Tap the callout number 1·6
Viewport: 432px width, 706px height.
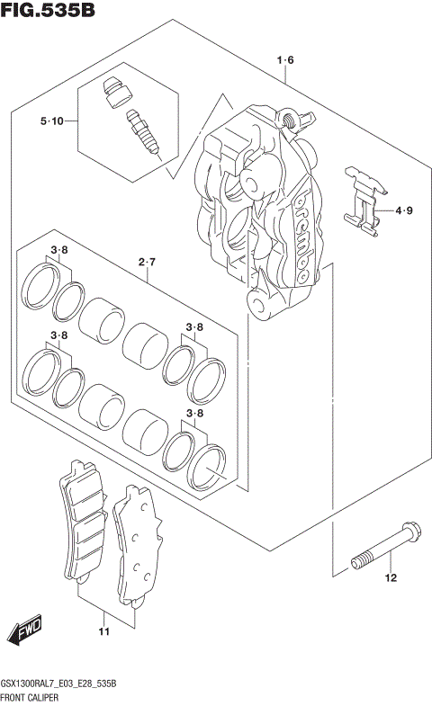click(284, 60)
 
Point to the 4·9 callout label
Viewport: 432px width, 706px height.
click(403, 211)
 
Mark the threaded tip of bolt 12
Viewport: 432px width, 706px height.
click(358, 563)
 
